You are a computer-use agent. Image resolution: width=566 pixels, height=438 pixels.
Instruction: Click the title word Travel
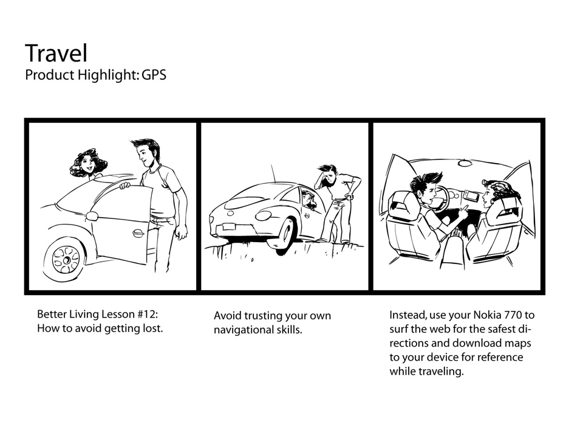(56, 53)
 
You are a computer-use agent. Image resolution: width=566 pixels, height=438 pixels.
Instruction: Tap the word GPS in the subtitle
(154, 75)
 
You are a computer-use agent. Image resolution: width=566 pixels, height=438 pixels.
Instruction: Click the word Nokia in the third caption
(487, 315)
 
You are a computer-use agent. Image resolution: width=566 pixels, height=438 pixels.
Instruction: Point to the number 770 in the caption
(513, 315)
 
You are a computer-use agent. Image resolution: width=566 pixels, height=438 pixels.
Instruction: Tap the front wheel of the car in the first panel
(66, 259)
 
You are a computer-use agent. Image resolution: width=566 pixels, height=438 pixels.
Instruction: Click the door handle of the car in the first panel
(137, 233)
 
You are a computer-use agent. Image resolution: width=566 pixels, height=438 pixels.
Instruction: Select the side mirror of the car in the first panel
(92, 216)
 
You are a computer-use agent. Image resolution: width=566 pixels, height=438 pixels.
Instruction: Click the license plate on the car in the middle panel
(228, 227)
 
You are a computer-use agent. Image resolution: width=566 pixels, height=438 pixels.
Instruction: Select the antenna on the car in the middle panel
(273, 173)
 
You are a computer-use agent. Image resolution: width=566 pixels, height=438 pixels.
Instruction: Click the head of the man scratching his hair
(328, 175)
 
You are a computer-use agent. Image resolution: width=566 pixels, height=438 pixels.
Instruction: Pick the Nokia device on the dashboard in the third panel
(471, 196)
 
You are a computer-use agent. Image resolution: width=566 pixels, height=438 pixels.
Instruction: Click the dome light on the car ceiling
(466, 164)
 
